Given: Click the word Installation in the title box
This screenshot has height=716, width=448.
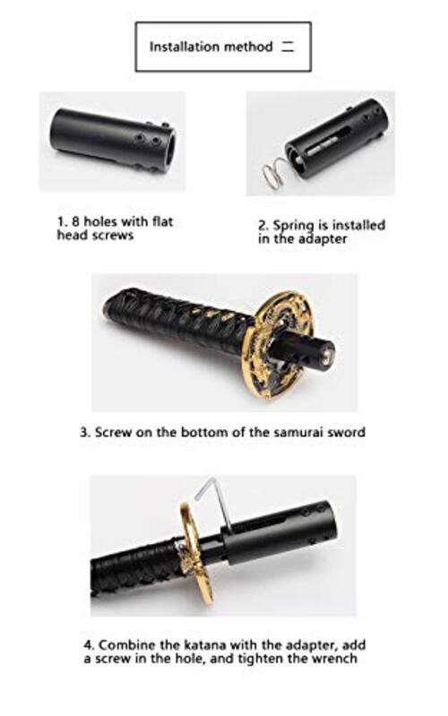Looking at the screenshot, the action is tap(184, 47).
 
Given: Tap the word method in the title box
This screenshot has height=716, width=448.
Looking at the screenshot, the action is tap(247, 47).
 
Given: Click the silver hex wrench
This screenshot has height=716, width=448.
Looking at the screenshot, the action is tap(215, 503).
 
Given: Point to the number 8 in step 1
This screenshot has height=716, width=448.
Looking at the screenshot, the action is tap(75, 221).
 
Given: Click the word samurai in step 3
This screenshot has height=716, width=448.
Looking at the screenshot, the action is tap(298, 432).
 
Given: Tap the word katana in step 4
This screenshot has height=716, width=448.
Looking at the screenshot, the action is tap(204, 645).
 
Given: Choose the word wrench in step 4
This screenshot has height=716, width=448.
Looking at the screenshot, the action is tap(334, 659).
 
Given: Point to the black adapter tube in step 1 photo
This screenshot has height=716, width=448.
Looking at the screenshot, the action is tap(113, 139).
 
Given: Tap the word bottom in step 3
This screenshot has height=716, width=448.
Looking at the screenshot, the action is tap(204, 432).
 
